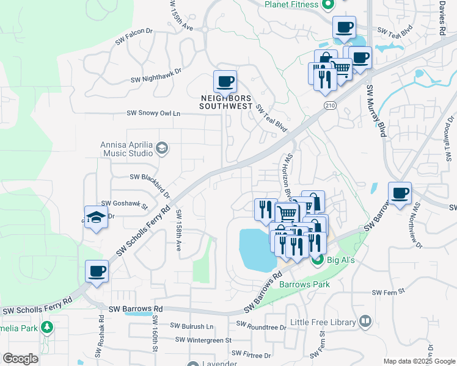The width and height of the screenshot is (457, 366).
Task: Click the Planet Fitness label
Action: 291,4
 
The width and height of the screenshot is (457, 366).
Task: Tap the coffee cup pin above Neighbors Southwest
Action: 225,81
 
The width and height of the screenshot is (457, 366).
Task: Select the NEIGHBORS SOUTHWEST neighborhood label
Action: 226,102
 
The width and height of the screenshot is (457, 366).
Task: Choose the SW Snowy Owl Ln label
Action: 153,113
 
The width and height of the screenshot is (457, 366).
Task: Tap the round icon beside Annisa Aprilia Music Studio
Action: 162,148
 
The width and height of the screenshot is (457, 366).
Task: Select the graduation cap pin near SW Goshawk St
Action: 97,218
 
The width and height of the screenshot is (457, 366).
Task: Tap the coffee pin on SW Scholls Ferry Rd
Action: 97,271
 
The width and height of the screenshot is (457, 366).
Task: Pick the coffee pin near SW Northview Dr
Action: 400,193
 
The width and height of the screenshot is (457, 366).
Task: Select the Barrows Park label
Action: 304,284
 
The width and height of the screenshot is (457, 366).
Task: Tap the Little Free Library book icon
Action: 365,321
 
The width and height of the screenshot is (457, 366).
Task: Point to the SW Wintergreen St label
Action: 203,340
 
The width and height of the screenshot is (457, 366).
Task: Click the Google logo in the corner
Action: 21,359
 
